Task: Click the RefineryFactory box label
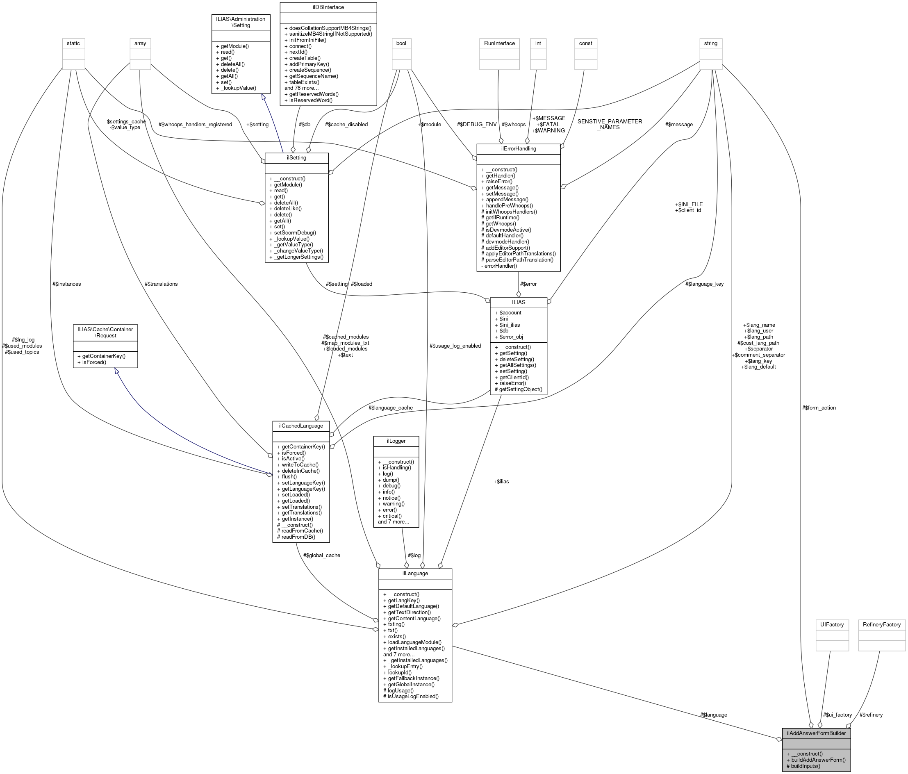[882, 624]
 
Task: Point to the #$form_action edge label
[819, 407]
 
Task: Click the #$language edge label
[713, 715]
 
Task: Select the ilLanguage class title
[415, 573]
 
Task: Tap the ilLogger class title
[396, 441]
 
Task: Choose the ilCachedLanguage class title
[300, 426]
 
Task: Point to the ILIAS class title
[519, 303]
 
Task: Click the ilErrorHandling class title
[519, 148]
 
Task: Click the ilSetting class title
[296, 158]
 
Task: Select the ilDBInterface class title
[328, 7]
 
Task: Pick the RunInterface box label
[499, 43]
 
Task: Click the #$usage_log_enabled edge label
[455, 346]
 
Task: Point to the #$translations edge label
[161, 284]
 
